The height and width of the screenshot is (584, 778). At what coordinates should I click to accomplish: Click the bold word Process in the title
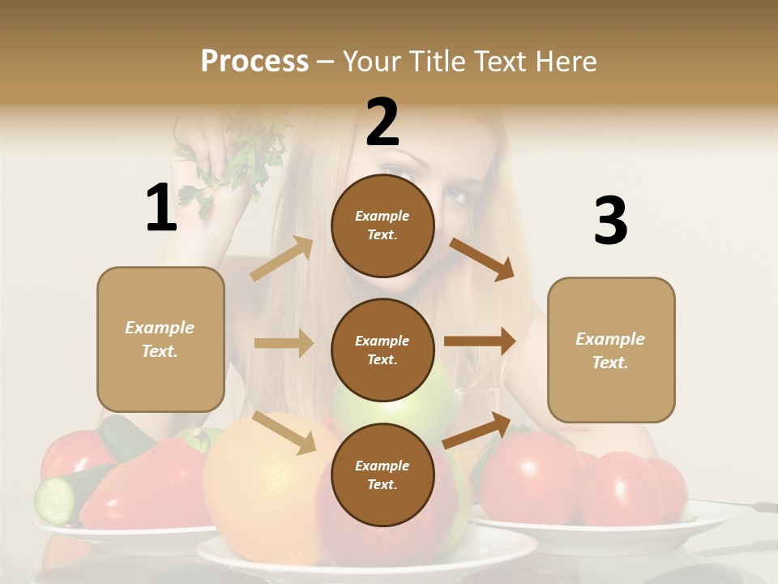click(254, 62)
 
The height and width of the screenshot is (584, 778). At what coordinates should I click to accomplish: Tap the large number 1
click(160, 208)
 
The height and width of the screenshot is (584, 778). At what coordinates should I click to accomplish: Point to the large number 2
click(383, 122)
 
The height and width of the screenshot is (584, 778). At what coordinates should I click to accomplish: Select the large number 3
click(610, 221)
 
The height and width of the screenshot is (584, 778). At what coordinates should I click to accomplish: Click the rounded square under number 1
click(160, 339)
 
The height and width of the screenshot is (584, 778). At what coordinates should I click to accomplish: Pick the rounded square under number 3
click(611, 350)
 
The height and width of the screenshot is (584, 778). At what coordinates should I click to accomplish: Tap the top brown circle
click(383, 225)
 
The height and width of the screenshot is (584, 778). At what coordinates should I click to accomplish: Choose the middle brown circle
click(383, 350)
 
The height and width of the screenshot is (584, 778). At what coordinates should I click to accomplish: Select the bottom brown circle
click(383, 474)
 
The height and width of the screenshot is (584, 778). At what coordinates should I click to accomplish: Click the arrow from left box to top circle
click(281, 259)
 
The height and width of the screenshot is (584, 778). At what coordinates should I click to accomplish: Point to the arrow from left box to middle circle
click(283, 343)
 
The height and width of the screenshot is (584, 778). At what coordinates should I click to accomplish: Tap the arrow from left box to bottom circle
click(284, 432)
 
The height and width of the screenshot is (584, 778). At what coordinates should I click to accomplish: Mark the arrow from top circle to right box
click(481, 259)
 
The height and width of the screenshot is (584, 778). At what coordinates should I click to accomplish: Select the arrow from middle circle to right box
click(479, 341)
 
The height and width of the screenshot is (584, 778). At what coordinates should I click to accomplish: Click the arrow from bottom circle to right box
click(477, 431)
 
